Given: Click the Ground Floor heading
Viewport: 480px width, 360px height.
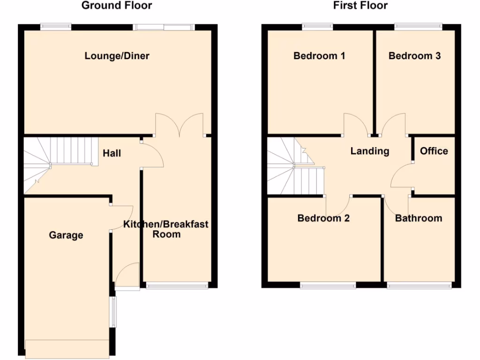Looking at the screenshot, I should (117, 6).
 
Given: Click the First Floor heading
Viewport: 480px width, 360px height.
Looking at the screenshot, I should (360, 6).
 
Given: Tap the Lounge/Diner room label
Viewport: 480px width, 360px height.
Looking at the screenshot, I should (117, 56).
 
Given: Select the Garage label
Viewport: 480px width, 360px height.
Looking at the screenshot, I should (66, 235).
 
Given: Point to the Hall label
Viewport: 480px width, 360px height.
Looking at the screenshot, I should (112, 153).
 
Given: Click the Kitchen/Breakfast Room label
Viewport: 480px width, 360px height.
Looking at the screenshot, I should (166, 229).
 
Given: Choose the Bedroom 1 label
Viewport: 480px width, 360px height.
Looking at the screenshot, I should (319, 56).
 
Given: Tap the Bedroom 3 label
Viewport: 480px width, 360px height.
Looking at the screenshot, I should (415, 56).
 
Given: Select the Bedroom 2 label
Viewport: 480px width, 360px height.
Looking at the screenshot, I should (323, 218).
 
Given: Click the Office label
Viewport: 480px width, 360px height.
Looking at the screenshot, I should (434, 151).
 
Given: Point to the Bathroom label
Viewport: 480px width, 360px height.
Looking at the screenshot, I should (419, 218).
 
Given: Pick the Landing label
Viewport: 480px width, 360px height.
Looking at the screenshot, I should (370, 151).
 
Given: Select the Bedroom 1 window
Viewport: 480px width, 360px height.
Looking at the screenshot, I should (317, 27).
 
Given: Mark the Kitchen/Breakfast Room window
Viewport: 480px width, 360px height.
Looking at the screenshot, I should (176, 285).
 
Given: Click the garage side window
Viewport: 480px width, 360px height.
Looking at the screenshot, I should (112, 312).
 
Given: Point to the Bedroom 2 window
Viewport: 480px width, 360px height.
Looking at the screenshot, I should (328, 285).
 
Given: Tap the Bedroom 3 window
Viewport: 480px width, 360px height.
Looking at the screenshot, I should (418, 27).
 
